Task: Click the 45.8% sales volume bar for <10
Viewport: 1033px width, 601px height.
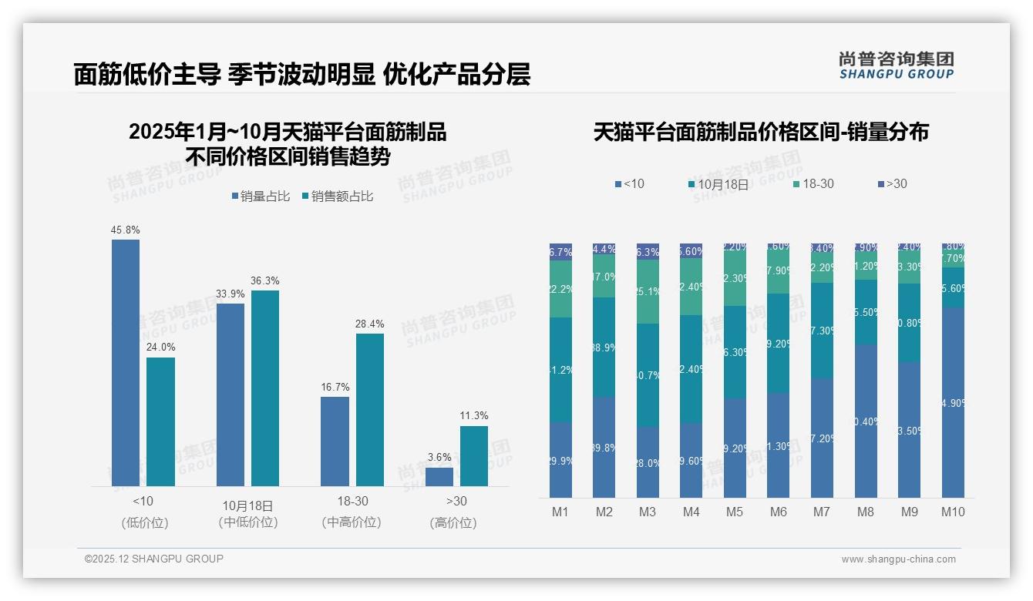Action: (x=126, y=362)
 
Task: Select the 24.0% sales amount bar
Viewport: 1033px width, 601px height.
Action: (x=160, y=421)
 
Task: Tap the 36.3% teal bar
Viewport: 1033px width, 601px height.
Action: (x=265, y=388)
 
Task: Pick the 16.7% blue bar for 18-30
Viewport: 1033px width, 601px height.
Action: (x=335, y=441)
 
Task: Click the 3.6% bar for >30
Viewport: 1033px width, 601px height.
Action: (x=439, y=476)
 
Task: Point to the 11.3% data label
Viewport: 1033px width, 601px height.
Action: (x=473, y=416)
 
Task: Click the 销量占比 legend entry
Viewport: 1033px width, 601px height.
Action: (x=261, y=196)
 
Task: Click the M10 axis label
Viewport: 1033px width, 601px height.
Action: (x=953, y=512)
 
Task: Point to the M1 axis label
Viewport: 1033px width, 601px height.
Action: (x=560, y=512)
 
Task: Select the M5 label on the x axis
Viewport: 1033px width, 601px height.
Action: (x=735, y=512)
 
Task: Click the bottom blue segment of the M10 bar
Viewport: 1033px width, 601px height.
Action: (x=953, y=402)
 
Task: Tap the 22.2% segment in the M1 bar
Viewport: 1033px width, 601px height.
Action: (x=560, y=289)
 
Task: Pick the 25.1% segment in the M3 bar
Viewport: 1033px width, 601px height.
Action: (x=648, y=291)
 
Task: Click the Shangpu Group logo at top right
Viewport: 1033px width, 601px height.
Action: (x=896, y=65)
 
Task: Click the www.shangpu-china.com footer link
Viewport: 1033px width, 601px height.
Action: (x=898, y=559)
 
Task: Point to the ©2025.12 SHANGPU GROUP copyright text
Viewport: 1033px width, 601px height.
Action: (x=154, y=559)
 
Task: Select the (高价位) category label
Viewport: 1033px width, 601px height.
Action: (x=453, y=522)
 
